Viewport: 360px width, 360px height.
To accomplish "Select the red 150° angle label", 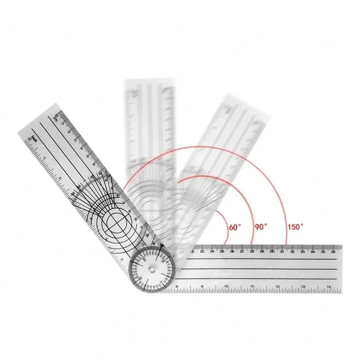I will (x=295, y=227).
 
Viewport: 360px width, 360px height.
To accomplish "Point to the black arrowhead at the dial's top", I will (x=161, y=246).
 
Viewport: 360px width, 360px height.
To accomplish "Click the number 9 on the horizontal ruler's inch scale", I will (x=202, y=286).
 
